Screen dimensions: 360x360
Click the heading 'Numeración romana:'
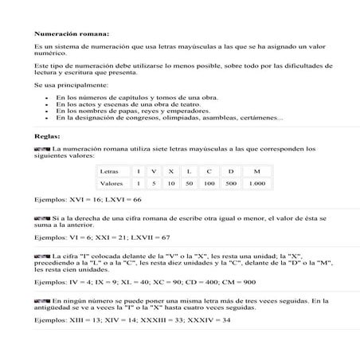[x=72, y=34]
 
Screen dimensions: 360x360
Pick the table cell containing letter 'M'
[x=256, y=171]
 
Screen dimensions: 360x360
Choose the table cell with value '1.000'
[x=256, y=183]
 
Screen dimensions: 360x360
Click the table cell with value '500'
[x=231, y=183]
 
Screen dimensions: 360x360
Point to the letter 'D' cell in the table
[x=231, y=171]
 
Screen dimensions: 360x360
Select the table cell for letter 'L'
[x=188, y=171]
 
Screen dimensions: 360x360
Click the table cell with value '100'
[x=209, y=183]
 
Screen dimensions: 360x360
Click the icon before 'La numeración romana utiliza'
[x=41, y=149]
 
